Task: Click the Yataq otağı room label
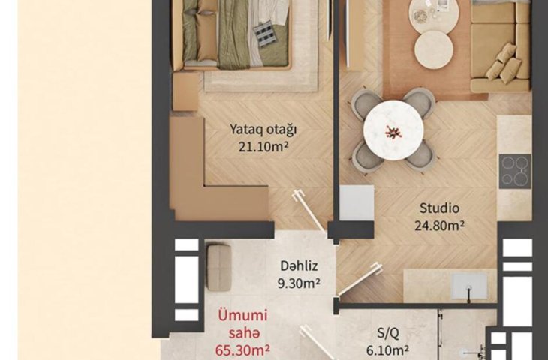[x=263, y=130]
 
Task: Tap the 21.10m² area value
[x=263, y=147]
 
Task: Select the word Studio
[x=439, y=208]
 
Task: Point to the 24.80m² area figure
[x=439, y=226]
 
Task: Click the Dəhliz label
[x=300, y=265]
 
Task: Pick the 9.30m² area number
[x=300, y=283]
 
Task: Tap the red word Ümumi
[x=243, y=315]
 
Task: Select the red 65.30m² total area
[x=242, y=349]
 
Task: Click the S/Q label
[x=388, y=334]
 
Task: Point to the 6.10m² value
[x=388, y=349]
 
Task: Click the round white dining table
[x=393, y=130]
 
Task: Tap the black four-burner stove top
[x=515, y=172]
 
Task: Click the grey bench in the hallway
[x=219, y=268]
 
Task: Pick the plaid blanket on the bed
[x=264, y=31]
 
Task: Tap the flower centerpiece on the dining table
[x=393, y=132]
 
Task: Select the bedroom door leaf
[x=309, y=211]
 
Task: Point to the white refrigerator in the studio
[x=357, y=202]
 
